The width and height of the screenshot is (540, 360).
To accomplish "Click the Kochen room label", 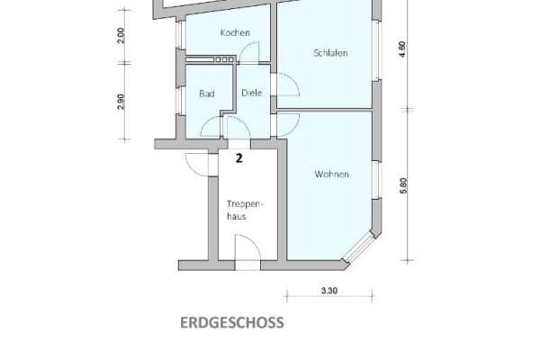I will click(235, 32).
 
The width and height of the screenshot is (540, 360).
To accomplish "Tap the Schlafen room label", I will click(330, 53).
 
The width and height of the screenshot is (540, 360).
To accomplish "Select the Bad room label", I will click(206, 93).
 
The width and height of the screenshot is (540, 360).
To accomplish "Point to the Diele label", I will click(250, 93).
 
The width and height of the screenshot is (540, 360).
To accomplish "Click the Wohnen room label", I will click(331, 174).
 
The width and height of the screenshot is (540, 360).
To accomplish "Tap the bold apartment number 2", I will click(238, 159).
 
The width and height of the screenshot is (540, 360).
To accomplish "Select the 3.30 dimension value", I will click(329, 291).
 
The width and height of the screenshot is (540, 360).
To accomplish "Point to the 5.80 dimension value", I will click(404, 186).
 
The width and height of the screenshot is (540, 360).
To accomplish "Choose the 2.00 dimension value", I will click(122, 35).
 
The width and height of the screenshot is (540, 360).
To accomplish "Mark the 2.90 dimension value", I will click(122, 100).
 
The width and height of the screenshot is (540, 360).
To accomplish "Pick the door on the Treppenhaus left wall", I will click(195, 165).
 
